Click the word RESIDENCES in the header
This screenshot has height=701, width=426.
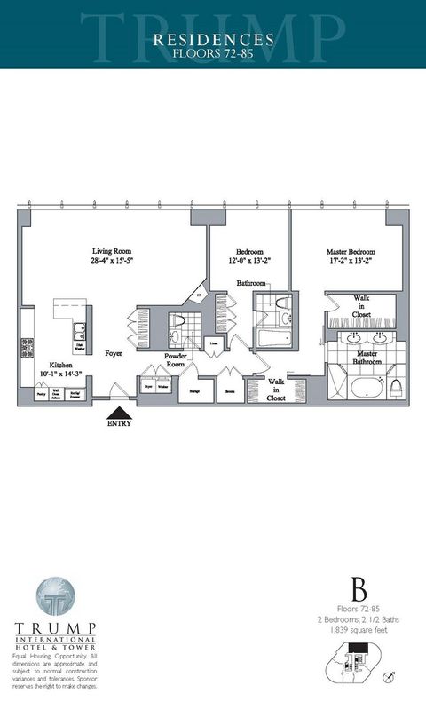point(212,40)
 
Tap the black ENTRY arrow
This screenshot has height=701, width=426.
point(118,413)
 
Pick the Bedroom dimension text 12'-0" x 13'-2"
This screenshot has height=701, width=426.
point(248,261)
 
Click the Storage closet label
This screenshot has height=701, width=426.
point(193,389)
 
